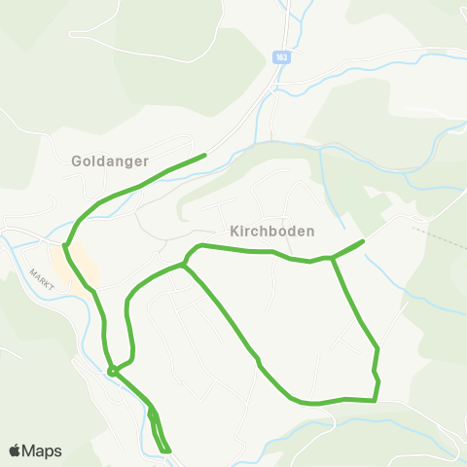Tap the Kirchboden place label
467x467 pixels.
pos(272,232)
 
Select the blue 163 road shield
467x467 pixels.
pos(281,57)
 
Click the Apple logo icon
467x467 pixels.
pos(16,450)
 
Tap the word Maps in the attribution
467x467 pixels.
pos(43,450)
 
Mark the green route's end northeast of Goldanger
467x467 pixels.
pos(205,155)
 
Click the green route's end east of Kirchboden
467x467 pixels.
pos(363,240)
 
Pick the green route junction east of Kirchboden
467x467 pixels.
pos(333,258)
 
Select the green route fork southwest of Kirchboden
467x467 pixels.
pos(183,264)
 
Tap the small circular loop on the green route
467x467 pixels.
pos(113,371)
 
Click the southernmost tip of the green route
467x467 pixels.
pos(168,451)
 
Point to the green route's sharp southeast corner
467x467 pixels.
pos(375,399)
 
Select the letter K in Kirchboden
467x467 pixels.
pos(234,232)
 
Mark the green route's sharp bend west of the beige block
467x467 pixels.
pos(65,245)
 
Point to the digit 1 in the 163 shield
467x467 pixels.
pos(277,57)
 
